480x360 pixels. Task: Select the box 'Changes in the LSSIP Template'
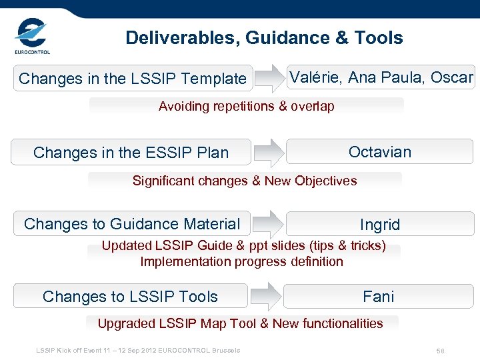pyautogui.click(x=133, y=79)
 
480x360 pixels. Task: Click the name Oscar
pyautogui.click(x=451, y=77)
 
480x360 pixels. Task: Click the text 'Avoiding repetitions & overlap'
pyautogui.click(x=246, y=106)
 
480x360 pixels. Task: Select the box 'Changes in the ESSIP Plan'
pyautogui.click(x=131, y=153)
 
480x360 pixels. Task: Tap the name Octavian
pyautogui.click(x=380, y=152)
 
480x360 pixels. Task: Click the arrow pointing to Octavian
pyautogui.click(x=268, y=152)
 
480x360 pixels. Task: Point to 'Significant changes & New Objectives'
pyautogui.click(x=245, y=181)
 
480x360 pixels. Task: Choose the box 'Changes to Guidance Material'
pyautogui.click(x=132, y=224)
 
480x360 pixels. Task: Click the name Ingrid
pyautogui.click(x=380, y=225)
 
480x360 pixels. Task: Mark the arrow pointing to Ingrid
pyautogui.click(x=268, y=224)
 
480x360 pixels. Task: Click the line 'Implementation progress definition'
pyautogui.click(x=241, y=261)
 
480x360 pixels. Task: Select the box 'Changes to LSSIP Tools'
pyautogui.click(x=130, y=297)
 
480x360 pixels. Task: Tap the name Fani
pyautogui.click(x=379, y=297)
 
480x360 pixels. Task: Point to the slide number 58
pyautogui.click(x=440, y=351)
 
